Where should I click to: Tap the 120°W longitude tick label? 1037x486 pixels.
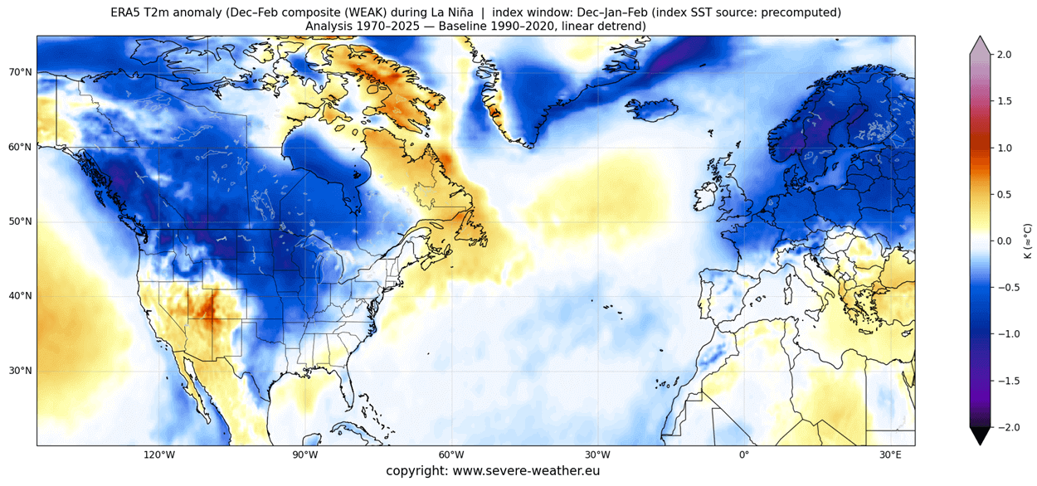tap(158, 455)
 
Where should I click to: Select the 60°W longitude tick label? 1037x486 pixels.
tap(450, 455)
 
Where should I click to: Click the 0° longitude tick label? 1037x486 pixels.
tap(743, 455)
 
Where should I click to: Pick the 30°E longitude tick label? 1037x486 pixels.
tap(890, 455)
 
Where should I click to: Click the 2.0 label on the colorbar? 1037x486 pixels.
tap(1006, 54)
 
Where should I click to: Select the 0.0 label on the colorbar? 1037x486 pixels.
tap(1006, 241)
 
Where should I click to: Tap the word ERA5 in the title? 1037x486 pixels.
tap(127, 12)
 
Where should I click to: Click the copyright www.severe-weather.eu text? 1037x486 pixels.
tap(493, 471)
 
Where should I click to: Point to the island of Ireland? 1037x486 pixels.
tap(704, 197)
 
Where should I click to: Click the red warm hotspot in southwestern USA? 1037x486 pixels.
tap(207, 309)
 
